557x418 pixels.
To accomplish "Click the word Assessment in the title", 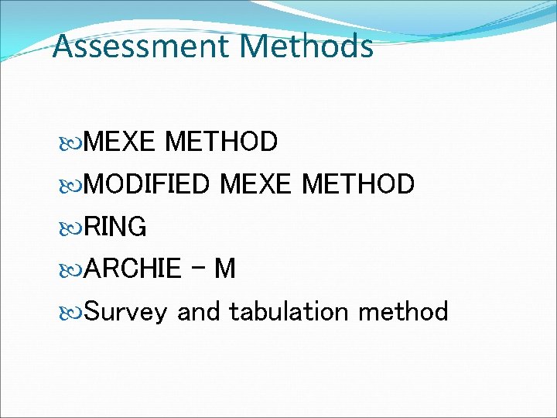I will pyautogui.click(x=141, y=46).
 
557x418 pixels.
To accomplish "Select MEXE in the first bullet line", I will pyautogui.click(x=120, y=142).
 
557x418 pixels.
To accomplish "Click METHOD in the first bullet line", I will pyautogui.click(x=221, y=142).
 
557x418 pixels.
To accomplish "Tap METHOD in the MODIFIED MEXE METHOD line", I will pyautogui.click(x=358, y=185).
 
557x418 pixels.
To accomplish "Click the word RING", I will pyautogui.click(x=115, y=227).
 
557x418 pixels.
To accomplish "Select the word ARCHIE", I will pyautogui.click(x=132, y=269).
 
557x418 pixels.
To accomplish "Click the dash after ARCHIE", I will pyautogui.click(x=200, y=268).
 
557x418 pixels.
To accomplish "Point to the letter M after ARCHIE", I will pyautogui.click(x=224, y=269).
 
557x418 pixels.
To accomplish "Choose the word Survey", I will pyautogui.click(x=125, y=312).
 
